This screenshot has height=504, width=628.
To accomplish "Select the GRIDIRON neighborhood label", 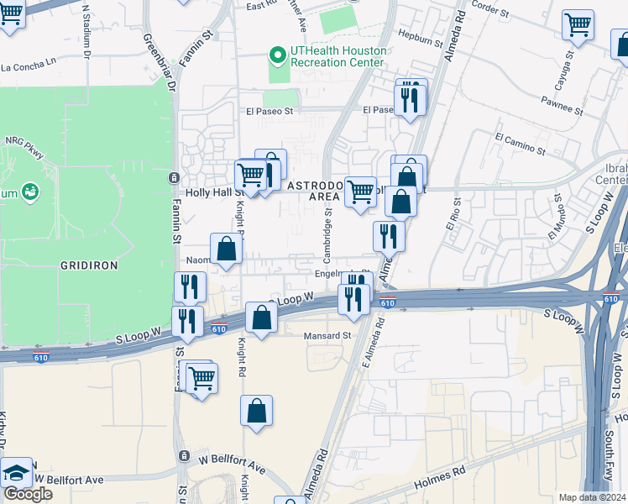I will (x=88, y=265).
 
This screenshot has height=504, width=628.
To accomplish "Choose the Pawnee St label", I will (x=562, y=109).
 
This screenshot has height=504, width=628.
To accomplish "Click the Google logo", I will (x=28, y=494).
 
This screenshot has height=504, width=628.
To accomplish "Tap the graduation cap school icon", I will (x=17, y=473).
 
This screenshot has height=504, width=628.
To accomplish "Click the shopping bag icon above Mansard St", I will (x=262, y=318).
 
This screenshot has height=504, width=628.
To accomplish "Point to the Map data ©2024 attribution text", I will (x=593, y=497).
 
